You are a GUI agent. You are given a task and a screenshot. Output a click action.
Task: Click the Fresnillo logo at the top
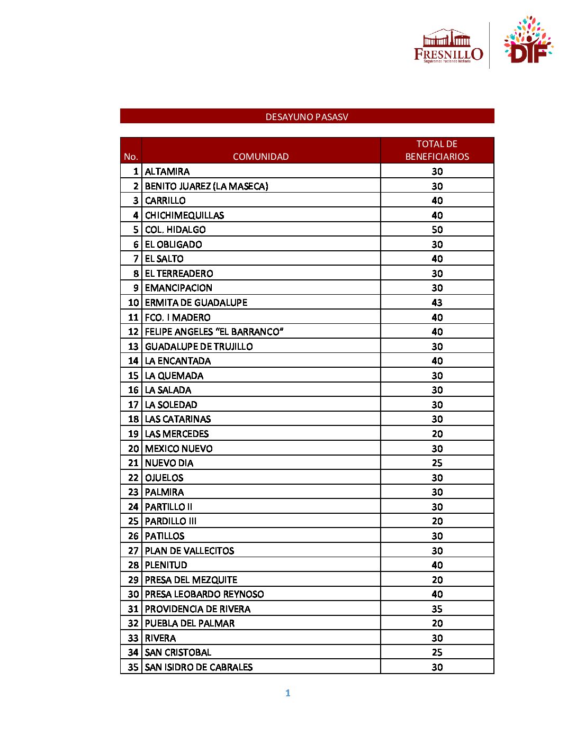(448, 47)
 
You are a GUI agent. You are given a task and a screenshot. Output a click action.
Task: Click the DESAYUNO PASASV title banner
(307, 116)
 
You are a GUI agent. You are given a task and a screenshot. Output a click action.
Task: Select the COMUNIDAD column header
(260, 157)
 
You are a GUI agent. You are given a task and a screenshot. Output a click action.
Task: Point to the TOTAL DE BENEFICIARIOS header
(437, 150)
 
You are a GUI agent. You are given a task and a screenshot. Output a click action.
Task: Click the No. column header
(131, 157)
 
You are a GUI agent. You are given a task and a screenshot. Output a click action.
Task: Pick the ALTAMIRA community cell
(167, 171)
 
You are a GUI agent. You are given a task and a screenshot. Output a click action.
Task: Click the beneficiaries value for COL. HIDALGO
(437, 230)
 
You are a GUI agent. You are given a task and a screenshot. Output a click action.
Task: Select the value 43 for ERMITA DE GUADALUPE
(437, 303)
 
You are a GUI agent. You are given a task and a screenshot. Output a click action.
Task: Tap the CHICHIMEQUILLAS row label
(184, 215)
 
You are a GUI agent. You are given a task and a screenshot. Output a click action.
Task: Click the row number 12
(133, 332)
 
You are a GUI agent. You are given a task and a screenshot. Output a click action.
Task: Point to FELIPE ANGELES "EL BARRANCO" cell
(214, 332)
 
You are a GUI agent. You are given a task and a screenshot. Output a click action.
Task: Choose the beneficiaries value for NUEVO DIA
(437, 463)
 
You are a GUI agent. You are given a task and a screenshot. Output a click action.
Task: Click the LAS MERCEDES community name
(177, 434)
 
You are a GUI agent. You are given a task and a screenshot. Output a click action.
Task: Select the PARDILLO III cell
(170, 521)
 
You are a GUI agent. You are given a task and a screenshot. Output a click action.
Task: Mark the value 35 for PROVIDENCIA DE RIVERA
(437, 609)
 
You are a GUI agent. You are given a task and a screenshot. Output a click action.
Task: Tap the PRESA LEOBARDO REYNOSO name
(204, 594)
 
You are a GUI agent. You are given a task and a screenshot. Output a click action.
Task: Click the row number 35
(133, 667)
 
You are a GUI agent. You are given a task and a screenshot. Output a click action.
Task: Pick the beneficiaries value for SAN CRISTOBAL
(437, 652)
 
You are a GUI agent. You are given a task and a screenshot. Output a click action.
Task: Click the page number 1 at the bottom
(287, 693)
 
